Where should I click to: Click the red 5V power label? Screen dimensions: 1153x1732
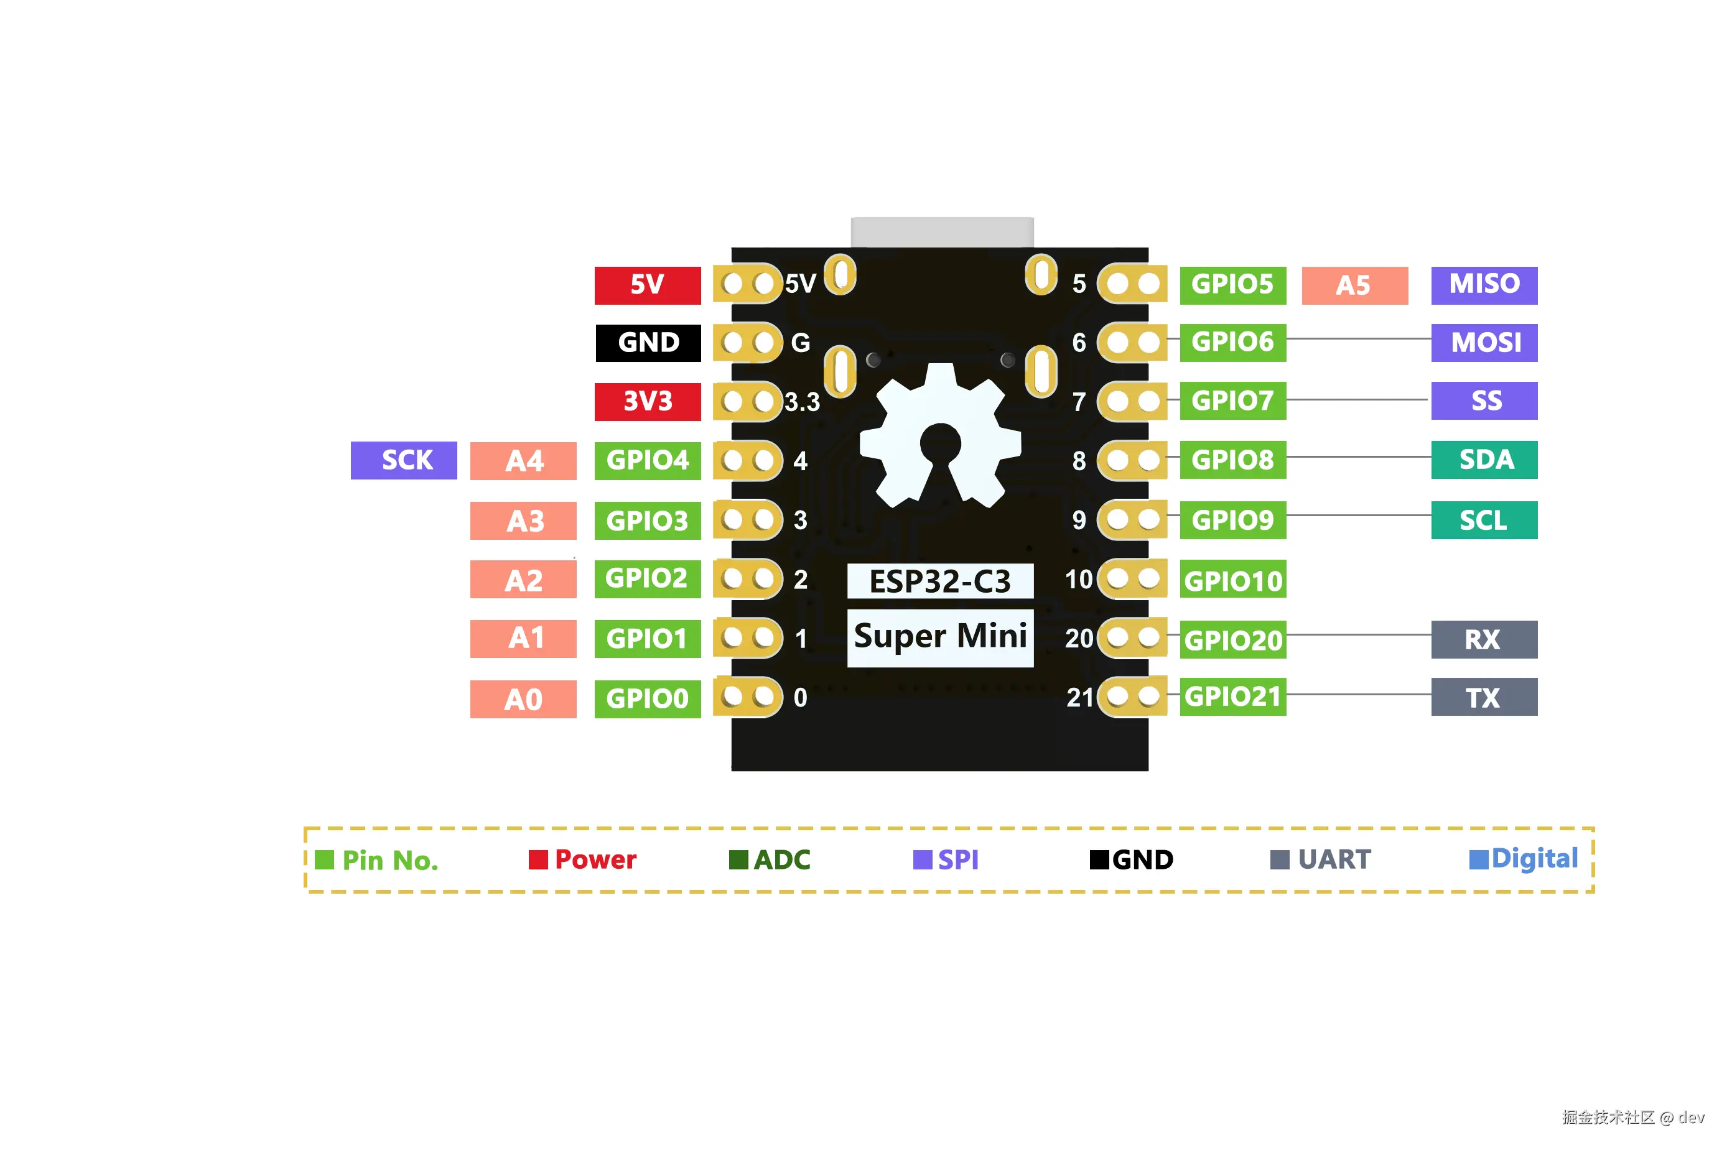click(x=647, y=285)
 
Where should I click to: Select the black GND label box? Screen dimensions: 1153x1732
click(x=647, y=343)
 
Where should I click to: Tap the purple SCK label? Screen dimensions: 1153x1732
click(x=404, y=460)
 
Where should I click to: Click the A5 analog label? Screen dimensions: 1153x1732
click(x=1354, y=285)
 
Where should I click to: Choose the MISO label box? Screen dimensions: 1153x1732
click(x=1483, y=285)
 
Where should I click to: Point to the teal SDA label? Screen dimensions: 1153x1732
click(x=1483, y=460)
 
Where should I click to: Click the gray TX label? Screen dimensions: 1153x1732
click(x=1483, y=697)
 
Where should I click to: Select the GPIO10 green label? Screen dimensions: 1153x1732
click(x=1232, y=581)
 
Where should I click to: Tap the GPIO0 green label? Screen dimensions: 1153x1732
click(x=647, y=698)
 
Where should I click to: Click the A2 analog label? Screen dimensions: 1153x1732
click(x=523, y=580)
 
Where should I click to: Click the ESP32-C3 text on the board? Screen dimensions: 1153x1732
click(x=940, y=581)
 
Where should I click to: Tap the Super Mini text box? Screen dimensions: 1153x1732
click(x=940, y=637)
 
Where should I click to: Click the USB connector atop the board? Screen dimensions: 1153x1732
click(x=941, y=233)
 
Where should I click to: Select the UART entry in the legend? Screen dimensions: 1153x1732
click(x=1321, y=859)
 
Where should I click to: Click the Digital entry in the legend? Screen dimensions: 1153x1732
click(x=1523, y=859)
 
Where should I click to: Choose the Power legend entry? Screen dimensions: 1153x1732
click(x=582, y=859)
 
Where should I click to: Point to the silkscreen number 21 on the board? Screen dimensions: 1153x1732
click(x=1079, y=697)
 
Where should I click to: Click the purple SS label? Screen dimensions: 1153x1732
click(x=1483, y=401)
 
